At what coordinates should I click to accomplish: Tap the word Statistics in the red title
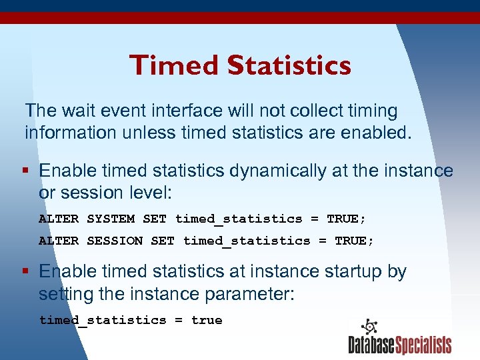tap(289, 65)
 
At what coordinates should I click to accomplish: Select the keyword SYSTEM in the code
tap(111, 219)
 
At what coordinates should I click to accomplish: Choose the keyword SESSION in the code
tap(115, 241)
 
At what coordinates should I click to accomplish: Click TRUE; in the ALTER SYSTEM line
tap(346, 219)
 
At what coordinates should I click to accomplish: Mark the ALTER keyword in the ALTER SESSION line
tap(59, 241)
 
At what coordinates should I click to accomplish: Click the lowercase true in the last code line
tap(207, 320)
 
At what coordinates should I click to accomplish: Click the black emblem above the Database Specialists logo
tap(369, 327)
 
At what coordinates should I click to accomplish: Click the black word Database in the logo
tap(371, 345)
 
